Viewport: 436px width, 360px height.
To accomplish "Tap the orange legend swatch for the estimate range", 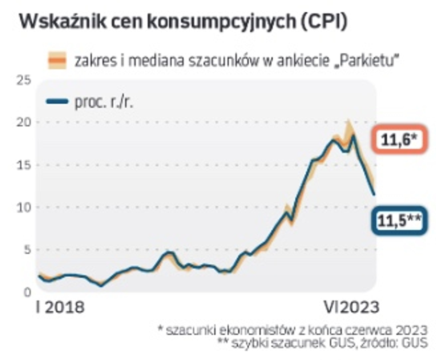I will tap(57, 60).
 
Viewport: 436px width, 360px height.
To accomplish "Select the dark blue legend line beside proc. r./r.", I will tap(57, 101).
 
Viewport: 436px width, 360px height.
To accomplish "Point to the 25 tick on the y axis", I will tap(24, 80).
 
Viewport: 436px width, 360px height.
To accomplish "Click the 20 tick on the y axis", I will tap(24, 122).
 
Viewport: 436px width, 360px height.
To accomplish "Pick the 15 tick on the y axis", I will tap(24, 165).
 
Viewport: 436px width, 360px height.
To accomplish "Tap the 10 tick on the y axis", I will tap(24, 207).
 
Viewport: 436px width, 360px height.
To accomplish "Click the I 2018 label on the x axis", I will tap(60, 307).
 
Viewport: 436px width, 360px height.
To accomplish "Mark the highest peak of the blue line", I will tap(353, 136).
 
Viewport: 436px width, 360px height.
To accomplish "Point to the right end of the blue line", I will tap(374, 195).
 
